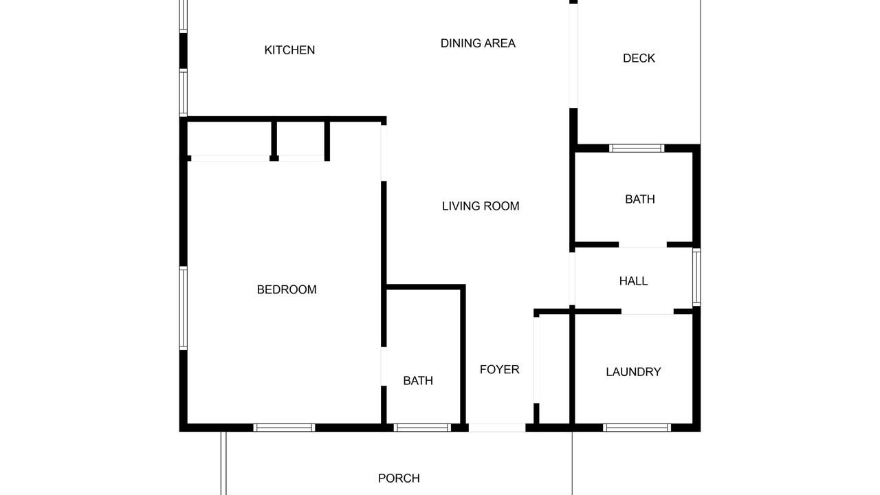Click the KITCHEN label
[289, 50]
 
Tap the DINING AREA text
[478, 43]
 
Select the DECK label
[639, 58]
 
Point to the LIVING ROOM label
[481, 206]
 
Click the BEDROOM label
[287, 290]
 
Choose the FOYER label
[499, 370]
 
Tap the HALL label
[633, 281]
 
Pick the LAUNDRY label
[633, 372]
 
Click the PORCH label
[399, 478]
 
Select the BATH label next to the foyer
[418, 381]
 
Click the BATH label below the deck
[640, 199]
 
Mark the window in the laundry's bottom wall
[637, 428]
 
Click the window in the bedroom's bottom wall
[284, 428]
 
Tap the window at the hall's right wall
[696, 277]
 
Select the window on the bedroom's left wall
[183, 308]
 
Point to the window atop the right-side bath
[637, 148]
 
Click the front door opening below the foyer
[497, 428]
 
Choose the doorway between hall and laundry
[648, 311]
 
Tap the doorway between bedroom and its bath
[384, 366]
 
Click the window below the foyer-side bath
[422, 428]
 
